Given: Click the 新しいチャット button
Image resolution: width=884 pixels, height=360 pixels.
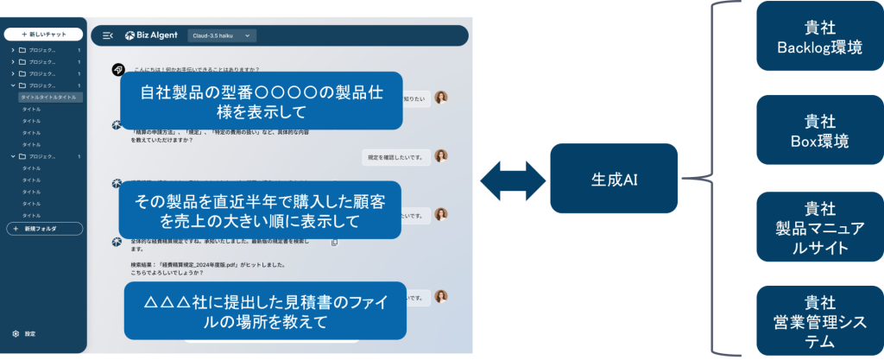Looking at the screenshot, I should click(x=44, y=35).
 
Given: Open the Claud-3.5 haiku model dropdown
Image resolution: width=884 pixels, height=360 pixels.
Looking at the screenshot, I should click(x=222, y=35).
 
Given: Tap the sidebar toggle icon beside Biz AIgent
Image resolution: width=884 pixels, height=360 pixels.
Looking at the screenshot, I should click(x=107, y=35).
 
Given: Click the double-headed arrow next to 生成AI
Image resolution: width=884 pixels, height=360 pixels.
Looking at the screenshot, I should click(x=513, y=180).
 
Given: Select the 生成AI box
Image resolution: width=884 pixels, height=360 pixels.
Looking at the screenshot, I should click(x=615, y=180).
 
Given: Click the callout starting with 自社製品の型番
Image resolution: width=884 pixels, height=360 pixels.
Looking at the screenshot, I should click(x=262, y=101).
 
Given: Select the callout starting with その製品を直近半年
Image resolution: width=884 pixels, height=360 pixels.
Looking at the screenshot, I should click(x=262, y=210).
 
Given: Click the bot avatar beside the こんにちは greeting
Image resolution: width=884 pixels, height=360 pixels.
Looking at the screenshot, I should click(x=117, y=69).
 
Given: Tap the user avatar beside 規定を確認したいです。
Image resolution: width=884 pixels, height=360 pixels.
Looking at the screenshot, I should click(x=441, y=156).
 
